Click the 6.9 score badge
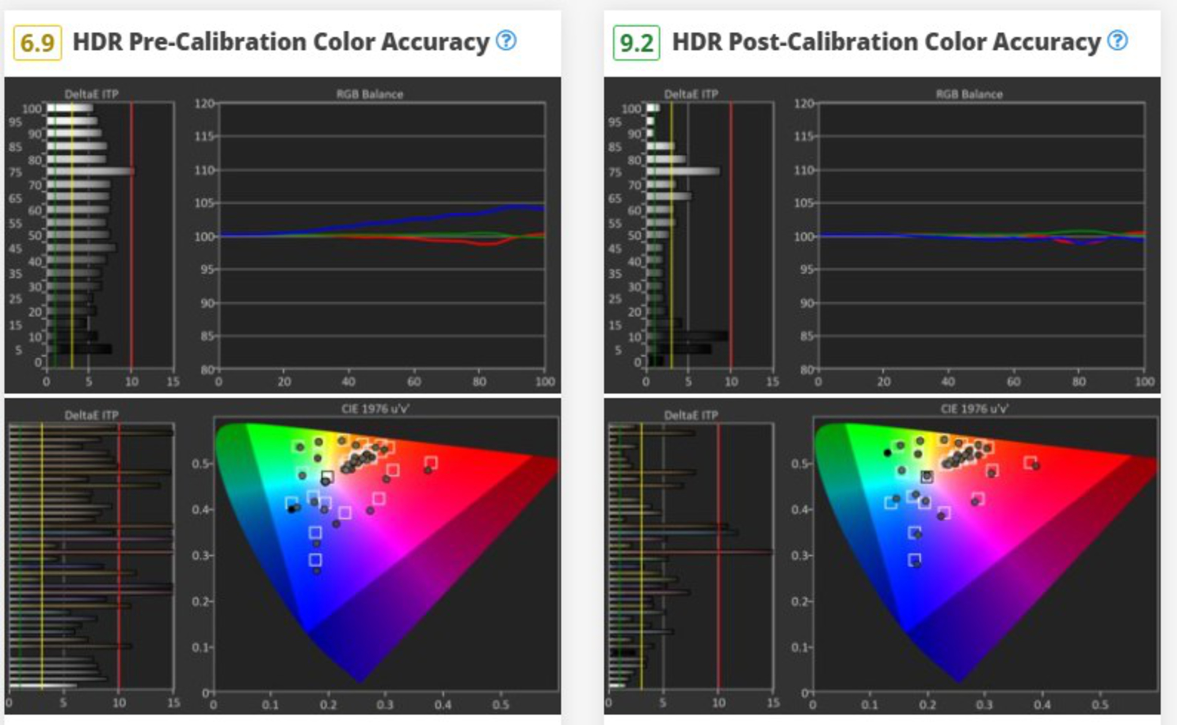[x=37, y=43]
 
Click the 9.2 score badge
[x=636, y=43]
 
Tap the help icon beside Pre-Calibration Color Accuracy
[x=506, y=40]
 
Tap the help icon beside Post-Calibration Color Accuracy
[x=1118, y=40]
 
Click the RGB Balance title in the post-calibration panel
[x=969, y=94]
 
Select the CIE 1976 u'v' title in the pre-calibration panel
[x=376, y=409]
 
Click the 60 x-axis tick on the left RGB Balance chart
[x=413, y=382]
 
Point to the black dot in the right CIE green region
[x=887, y=453]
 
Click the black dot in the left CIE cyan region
[x=291, y=509]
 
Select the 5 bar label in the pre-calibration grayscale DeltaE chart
[x=18, y=350]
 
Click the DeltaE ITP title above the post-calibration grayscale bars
[x=691, y=94]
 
